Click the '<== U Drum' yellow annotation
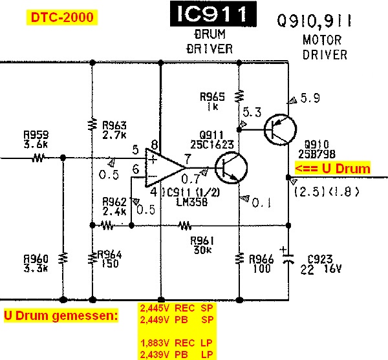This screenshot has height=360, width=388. click(332, 169)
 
